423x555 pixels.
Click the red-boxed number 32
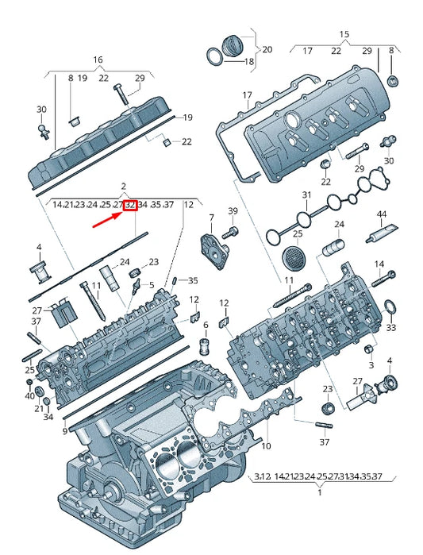pyautogui.click(x=131, y=205)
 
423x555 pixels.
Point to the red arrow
pyautogui.click(x=109, y=218)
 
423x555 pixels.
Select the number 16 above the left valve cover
pyautogui.click(x=98, y=60)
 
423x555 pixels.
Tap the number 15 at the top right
pyautogui.click(x=344, y=34)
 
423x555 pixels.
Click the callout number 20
pyautogui.click(x=267, y=49)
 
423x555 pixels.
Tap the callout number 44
pyautogui.click(x=382, y=215)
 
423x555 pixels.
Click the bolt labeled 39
pyautogui.click(x=233, y=233)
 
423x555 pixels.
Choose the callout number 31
pyautogui.click(x=307, y=195)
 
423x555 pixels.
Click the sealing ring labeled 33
pyautogui.click(x=390, y=307)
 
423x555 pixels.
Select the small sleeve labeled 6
pyautogui.click(x=206, y=345)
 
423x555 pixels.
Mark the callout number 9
pyautogui.click(x=65, y=431)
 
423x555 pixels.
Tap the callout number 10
pyautogui.click(x=267, y=446)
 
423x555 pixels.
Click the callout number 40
pyautogui.click(x=29, y=395)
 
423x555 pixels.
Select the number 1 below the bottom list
pyautogui.click(x=319, y=493)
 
